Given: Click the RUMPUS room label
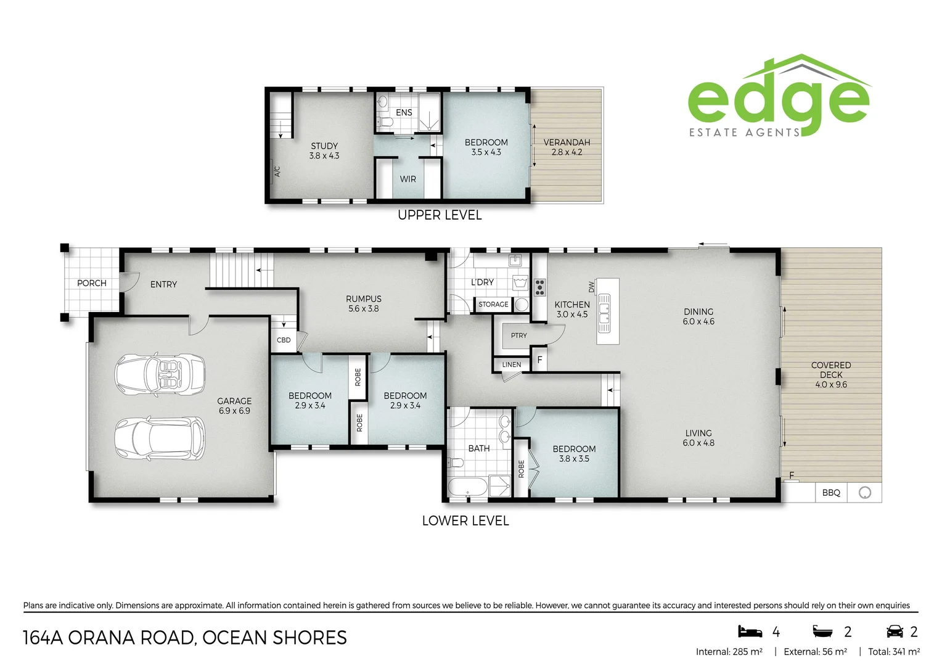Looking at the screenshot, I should coord(364,299).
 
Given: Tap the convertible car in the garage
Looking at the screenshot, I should coord(160,374).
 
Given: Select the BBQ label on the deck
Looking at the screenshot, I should coord(831,493).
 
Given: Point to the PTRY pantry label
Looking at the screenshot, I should coord(519,335).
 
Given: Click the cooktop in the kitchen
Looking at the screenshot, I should coord(539,287).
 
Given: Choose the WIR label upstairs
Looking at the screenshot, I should coord(408,179).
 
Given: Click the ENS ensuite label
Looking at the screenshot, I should coord(404,112).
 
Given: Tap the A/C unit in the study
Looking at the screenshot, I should coord(277,171).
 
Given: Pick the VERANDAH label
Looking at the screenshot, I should coord(567,142).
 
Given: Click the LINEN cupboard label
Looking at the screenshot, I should coord(512,364).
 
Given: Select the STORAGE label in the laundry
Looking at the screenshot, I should coord(493,304).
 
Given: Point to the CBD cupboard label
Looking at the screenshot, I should coord(284,340).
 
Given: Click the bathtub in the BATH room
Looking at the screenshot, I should coord(467,487).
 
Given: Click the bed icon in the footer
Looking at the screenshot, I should coord(750,631).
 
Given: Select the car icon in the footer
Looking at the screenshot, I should coord(895,631).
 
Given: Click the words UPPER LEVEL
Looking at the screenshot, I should coord(440,215).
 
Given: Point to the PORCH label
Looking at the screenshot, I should coord(92,283).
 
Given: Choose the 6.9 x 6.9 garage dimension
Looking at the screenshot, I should coord(234,411).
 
